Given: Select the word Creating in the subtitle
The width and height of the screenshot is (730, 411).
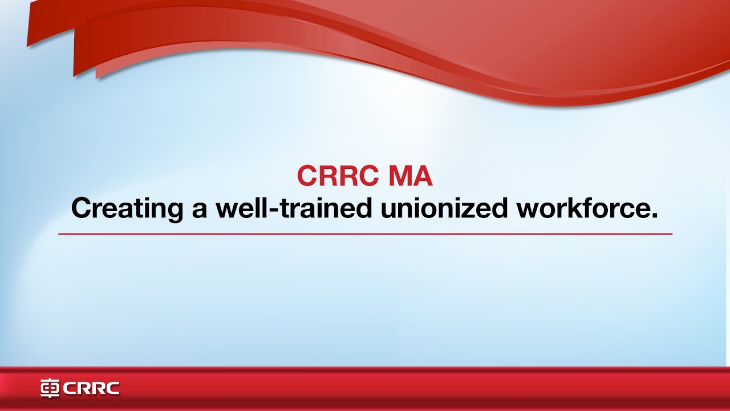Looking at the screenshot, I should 127,209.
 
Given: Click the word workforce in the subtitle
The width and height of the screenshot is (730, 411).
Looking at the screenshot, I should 581,209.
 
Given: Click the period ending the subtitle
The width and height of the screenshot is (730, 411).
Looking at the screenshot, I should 654,217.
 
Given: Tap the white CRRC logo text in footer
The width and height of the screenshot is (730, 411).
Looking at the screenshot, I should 91,389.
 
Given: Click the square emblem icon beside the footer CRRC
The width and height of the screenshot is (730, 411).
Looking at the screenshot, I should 50,388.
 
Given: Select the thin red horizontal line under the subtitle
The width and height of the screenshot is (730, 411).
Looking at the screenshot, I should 365,234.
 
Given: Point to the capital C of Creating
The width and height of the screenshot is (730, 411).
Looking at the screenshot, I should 83,209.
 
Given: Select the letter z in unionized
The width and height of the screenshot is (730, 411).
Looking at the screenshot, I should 477,211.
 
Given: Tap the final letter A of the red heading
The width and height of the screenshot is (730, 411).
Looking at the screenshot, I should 423,176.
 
